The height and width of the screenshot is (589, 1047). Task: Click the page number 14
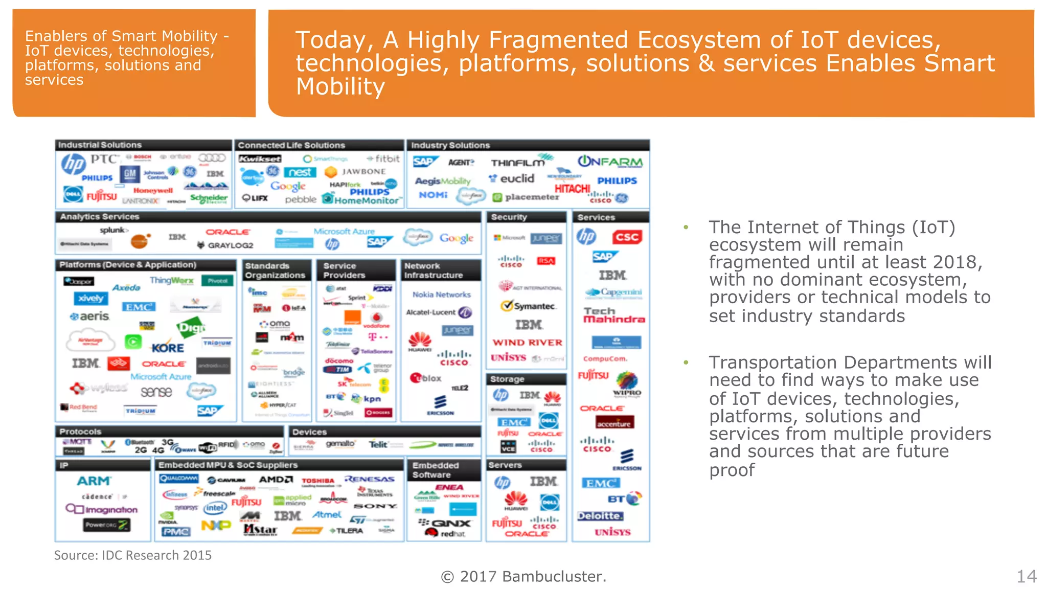1026,577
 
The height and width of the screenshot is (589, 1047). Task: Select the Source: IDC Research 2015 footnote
133,555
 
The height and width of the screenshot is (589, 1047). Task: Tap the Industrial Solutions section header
100,145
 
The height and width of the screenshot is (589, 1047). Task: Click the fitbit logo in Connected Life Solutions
384,159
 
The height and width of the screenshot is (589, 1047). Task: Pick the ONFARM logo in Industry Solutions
610,162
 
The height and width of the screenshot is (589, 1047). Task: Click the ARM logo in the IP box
94,481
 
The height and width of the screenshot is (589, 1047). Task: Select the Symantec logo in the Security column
529,306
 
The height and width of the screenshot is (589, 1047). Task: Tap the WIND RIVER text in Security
527,343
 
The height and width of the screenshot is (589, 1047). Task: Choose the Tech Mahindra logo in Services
613,315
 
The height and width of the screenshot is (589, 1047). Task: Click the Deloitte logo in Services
601,516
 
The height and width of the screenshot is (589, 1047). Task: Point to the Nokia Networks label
442,294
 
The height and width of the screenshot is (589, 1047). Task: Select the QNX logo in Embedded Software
446,523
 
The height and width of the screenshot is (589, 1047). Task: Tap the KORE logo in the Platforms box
168,348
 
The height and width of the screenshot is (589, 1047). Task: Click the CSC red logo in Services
627,237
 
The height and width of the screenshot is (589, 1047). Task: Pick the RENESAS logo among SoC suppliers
370,479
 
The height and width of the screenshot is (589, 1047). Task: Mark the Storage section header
507,379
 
